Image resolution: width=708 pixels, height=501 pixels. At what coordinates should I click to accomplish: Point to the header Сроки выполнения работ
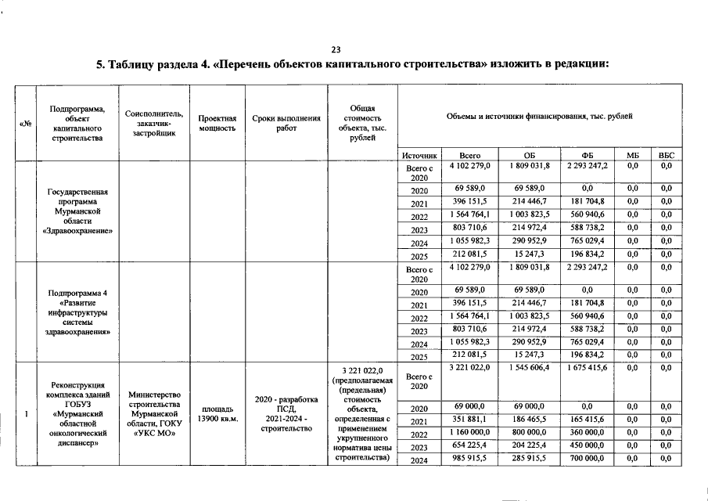pyautogui.click(x=286, y=123)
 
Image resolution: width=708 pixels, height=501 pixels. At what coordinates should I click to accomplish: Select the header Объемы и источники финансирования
pyautogui.click(x=539, y=117)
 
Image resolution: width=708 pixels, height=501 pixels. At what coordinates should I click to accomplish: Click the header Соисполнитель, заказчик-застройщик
pyautogui.click(x=153, y=123)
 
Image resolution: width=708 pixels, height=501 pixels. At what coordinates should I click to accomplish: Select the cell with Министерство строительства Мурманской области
pyautogui.click(x=153, y=414)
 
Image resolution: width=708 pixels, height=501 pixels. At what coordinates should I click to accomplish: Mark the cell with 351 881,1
pyautogui.click(x=469, y=421)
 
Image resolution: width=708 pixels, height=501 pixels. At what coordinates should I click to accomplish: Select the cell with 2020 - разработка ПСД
pyautogui.click(x=286, y=405)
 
